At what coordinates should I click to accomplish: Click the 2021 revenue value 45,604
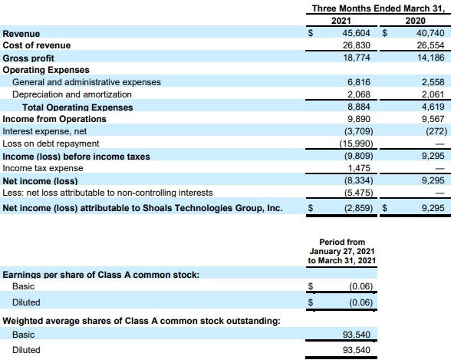[x=356, y=33]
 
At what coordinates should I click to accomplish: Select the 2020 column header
[x=415, y=21]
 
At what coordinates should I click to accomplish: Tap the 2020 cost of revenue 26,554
[x=430, y=45]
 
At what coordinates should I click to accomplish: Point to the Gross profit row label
[x=28, y=58]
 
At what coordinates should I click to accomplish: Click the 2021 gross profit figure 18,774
[x=357, y=58]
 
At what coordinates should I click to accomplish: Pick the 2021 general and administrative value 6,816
[x=359, y=82]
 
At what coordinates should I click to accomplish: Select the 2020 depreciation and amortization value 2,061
[x=433, y=94]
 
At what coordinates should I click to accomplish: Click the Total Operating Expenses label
[x=77, y=107]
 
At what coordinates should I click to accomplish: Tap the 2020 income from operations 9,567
[x=433, y=119]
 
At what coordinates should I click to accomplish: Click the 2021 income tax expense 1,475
[x=359, y=168]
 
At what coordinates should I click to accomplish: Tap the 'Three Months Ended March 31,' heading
[x=378, y=8]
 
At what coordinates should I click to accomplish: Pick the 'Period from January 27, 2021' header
[x=342, y=246]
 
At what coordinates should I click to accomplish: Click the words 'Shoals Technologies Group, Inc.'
[x=212, y=208]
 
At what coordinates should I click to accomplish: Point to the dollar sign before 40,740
[x=384, y=33]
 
